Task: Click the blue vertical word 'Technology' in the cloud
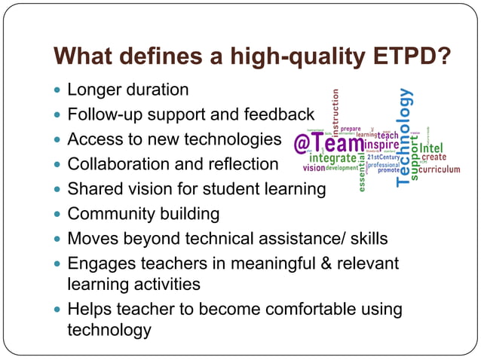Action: (406, 136)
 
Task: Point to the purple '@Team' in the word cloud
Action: (328, 143)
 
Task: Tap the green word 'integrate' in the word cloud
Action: (332, 158)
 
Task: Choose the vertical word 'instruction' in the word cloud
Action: (335, 109)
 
